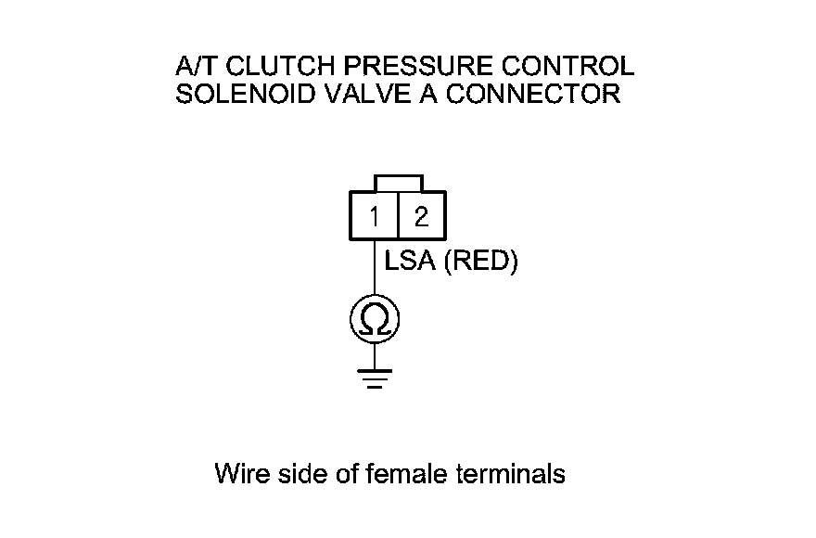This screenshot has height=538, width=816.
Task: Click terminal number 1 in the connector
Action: tap(374, 217)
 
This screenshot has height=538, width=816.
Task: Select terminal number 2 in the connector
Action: tap(422, 217)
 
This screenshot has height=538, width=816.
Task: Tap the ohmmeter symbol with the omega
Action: tap(374, 321)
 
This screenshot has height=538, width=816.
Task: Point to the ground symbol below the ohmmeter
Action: tap(374, 378)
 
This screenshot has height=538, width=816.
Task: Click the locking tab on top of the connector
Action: tap(398, 183)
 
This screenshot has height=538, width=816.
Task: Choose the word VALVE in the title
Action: tap(354, 94)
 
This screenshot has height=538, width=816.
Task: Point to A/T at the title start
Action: tap(193, 67)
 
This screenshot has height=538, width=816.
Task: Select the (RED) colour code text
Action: tap(481, 263)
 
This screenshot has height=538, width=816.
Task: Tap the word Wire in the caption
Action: tap(240, 474)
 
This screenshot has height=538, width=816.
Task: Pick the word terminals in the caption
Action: tap(511, 474)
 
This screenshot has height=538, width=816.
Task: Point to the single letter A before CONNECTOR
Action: tap(425, 94)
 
